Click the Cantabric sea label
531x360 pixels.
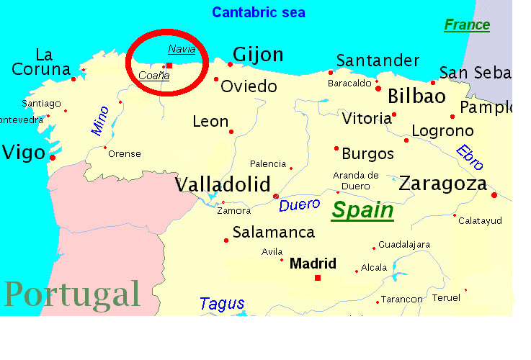(259, 12)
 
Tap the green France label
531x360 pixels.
(466, 25)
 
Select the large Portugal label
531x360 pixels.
(72, 294)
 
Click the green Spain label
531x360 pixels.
(362, 210)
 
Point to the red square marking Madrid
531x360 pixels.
(317, 277)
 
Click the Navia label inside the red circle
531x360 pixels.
(182, 49)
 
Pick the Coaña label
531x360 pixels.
(153, 75)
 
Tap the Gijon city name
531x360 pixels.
(258, 55)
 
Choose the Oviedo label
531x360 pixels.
(249, 86)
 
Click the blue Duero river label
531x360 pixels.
(299, 204)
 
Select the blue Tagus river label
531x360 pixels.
(222, 304)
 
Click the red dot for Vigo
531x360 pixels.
(53, 157)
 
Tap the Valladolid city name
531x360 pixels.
(223, 184)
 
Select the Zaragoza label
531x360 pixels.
(443, 184)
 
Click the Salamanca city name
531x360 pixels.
(274, 233)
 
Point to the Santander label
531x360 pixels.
(378, 60)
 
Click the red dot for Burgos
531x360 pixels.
(336, 148)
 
